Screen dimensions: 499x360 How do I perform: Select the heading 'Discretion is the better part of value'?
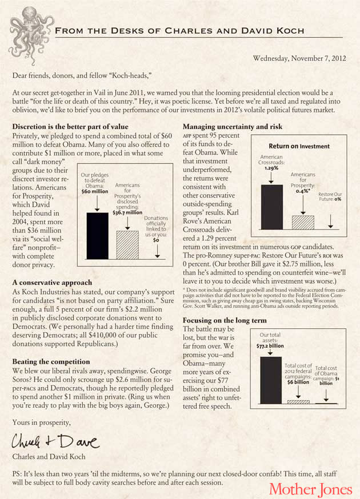(70, 126)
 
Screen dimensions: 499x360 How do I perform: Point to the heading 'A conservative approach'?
(51, 283)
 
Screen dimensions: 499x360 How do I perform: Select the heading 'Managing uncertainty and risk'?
(235, 126)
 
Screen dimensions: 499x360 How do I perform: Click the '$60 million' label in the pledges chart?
(94, 191)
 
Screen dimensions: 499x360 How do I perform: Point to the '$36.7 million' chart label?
(127, 212)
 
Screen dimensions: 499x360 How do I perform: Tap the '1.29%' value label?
(271, 168)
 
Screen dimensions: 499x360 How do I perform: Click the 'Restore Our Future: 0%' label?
(330, 198)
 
